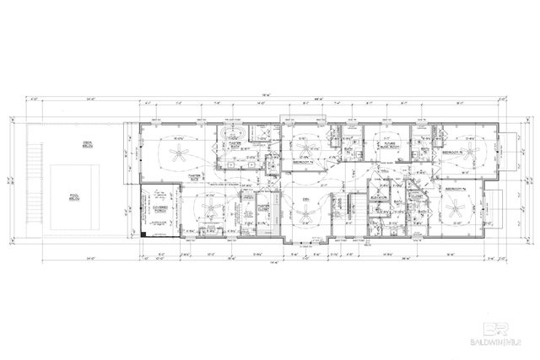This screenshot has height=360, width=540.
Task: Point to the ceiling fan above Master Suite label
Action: coord(178,153)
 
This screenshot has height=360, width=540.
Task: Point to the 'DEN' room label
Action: coord(307,199)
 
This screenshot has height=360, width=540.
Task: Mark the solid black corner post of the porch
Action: coord(144,233)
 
